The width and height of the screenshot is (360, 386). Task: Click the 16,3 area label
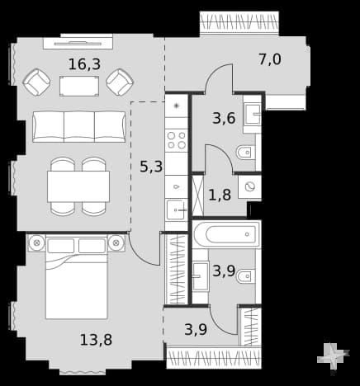(84, 64)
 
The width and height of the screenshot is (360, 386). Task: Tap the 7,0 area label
(270, 59)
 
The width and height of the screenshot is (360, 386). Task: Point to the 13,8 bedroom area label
(96, 340)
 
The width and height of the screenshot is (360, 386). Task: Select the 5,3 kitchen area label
(151, 167)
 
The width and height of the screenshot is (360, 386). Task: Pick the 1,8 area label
(220, 195)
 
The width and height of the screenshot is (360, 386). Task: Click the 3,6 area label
(224, 119)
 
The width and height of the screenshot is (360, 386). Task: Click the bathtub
(226, 234)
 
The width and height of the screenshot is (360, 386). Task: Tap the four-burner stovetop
(177, 140)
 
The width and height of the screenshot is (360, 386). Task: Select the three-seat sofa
(79, 127)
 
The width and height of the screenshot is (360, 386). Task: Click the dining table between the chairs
(78, 186)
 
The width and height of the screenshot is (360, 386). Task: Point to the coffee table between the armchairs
(79, 86)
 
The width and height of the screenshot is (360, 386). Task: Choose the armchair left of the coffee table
(36, 82)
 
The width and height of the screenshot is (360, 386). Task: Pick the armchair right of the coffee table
(120, 82)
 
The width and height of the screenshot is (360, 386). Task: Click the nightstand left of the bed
(37, 243)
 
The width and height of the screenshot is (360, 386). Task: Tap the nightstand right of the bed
(116, 243)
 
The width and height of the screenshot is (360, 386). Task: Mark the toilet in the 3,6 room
(246, 152)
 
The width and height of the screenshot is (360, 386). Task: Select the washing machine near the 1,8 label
(249, 187)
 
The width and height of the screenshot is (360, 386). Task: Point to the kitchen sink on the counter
(177, 210)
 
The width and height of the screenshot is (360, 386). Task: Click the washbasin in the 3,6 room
(252, 115)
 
